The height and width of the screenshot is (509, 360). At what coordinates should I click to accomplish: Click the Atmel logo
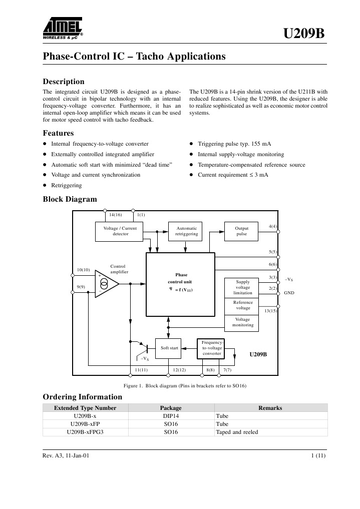(x=62, y=28)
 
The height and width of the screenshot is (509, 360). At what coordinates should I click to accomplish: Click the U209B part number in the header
(x=304, y=34)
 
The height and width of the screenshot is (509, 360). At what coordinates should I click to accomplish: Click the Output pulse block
(x=241, y=231)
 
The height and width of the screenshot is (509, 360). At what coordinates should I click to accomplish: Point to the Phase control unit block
(x=181, y=284)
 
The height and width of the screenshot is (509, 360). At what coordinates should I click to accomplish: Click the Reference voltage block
(x=243, y=305)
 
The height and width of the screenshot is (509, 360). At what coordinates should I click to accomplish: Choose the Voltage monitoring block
(x=243, y=322)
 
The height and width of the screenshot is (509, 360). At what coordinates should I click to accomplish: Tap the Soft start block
(x=169, y=347)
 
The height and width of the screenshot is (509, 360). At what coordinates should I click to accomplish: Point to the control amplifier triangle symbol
(x=107, y=284)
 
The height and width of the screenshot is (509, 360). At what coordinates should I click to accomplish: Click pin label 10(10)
(x=83, y=270)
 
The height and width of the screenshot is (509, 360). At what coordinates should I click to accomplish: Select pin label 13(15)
(x=270, y=311)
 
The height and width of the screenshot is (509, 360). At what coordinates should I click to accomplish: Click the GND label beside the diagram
(x=289, y=292)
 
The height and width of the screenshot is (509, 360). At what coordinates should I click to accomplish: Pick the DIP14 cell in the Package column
(x=171, y=416)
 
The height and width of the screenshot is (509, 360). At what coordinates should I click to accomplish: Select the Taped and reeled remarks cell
(x=237, y=432)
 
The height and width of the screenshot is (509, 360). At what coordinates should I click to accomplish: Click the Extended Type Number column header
(x=85, y=408)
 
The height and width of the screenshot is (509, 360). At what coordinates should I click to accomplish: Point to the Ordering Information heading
(x=82, y=397)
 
